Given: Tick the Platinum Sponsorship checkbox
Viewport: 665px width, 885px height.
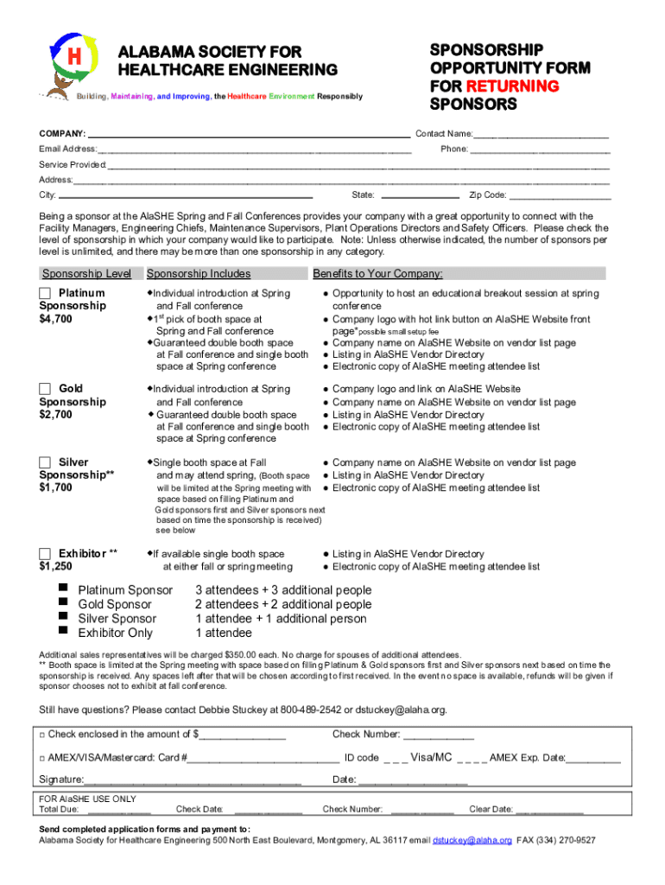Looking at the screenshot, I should (45, 294).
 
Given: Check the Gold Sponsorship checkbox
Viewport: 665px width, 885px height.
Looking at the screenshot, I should (45, 389).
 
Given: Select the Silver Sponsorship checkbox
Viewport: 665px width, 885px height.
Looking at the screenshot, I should (45, 463).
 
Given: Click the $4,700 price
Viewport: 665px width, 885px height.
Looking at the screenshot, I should (56, 319).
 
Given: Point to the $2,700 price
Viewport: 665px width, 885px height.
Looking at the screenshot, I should (56, 415).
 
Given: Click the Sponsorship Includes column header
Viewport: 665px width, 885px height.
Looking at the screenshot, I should (199, 274).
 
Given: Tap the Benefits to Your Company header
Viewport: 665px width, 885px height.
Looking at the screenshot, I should (377, 274).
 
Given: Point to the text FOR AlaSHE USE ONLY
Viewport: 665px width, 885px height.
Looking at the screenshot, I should (88, 799).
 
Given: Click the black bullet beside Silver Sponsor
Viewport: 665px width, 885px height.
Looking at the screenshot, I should (63, 617).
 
